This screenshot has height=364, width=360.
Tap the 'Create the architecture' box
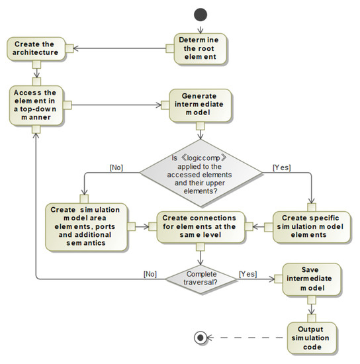[36, 48]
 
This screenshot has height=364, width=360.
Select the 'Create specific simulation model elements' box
[310, 226]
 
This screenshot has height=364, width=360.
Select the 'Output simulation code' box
[310, 336]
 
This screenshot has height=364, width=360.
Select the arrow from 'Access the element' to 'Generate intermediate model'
[116, 105]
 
